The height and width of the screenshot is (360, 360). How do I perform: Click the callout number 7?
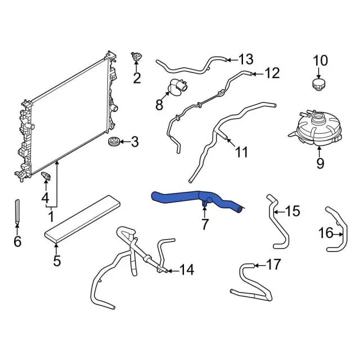(205, 224)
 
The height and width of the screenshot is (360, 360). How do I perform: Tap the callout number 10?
(319, 60)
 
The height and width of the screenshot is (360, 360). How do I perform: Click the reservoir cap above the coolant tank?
(319, 84)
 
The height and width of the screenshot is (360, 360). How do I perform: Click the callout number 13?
(246, 59)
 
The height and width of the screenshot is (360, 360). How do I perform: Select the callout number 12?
(272, 73)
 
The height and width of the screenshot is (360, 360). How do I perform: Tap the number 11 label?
(241, 152)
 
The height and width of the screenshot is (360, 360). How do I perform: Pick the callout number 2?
(137, 78)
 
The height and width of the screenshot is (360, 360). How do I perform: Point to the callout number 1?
(51, 215)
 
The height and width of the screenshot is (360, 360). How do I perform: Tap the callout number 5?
(56, 260)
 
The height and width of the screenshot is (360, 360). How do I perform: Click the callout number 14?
(186, 271)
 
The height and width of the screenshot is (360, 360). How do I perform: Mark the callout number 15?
(293, 211)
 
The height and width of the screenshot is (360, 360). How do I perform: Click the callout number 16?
(326, 232)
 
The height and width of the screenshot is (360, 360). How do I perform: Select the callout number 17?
(273, 264)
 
